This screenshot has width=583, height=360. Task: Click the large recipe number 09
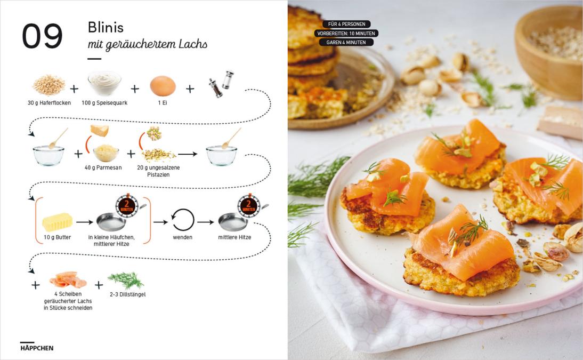[x=43, y=36]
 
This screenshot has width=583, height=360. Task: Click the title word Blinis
[x=106, y=27]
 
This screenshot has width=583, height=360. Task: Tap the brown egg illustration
[x=163, y=86]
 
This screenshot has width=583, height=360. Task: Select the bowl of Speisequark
[x=104, y=83]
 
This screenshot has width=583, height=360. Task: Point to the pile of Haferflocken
[x=48, y=85]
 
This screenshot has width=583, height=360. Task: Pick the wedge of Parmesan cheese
[x=100, y=130]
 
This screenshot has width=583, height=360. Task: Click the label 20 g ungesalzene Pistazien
[x=158, y=171]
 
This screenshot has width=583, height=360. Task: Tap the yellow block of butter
[x=57, y=222]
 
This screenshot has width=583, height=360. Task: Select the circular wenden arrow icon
[x=183, y=220]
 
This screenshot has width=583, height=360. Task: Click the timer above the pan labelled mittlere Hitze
[x=249, y=205]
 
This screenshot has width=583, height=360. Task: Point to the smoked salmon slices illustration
[x=68, y=279]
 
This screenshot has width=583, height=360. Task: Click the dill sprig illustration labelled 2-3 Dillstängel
[x=126, y=279]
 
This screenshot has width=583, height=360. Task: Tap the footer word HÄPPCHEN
[x=37, y=348]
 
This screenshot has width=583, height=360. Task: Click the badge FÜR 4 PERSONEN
[x=346, y=24]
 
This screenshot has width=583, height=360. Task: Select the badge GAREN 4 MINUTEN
[x=346, y=43]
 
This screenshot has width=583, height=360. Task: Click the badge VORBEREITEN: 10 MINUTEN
[x=346, y=34]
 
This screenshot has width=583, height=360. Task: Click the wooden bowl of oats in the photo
[x=549, y=52]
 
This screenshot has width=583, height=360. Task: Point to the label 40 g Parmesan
[x=103, y=167]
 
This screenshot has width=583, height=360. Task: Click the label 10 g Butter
[x=57, y=237]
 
